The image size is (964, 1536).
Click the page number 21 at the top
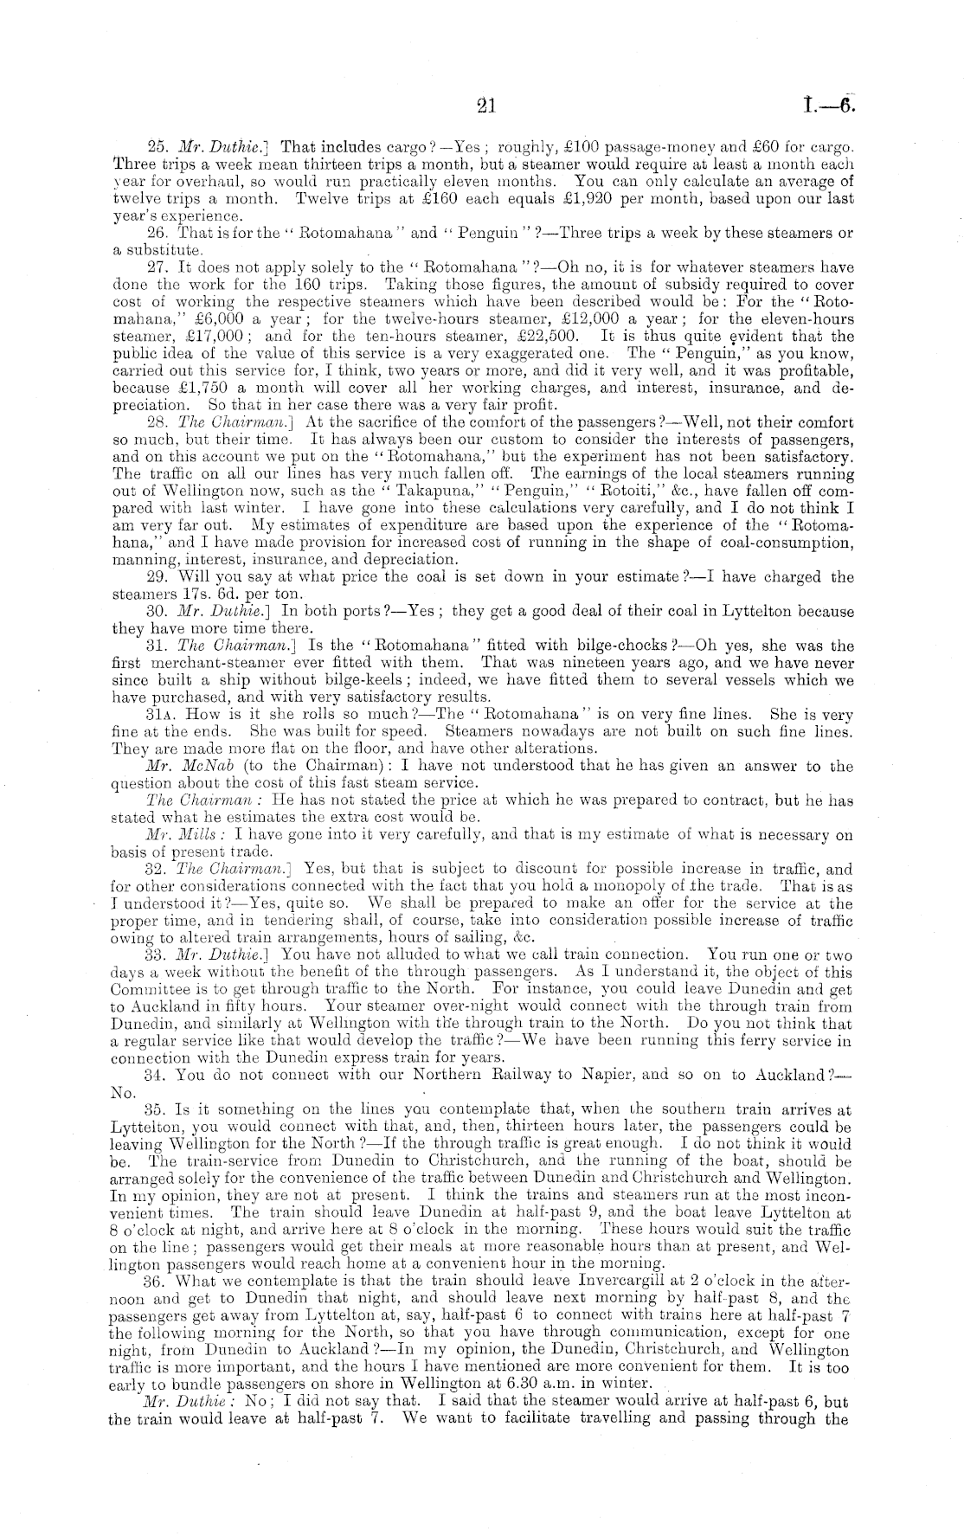(x=485, y=106)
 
